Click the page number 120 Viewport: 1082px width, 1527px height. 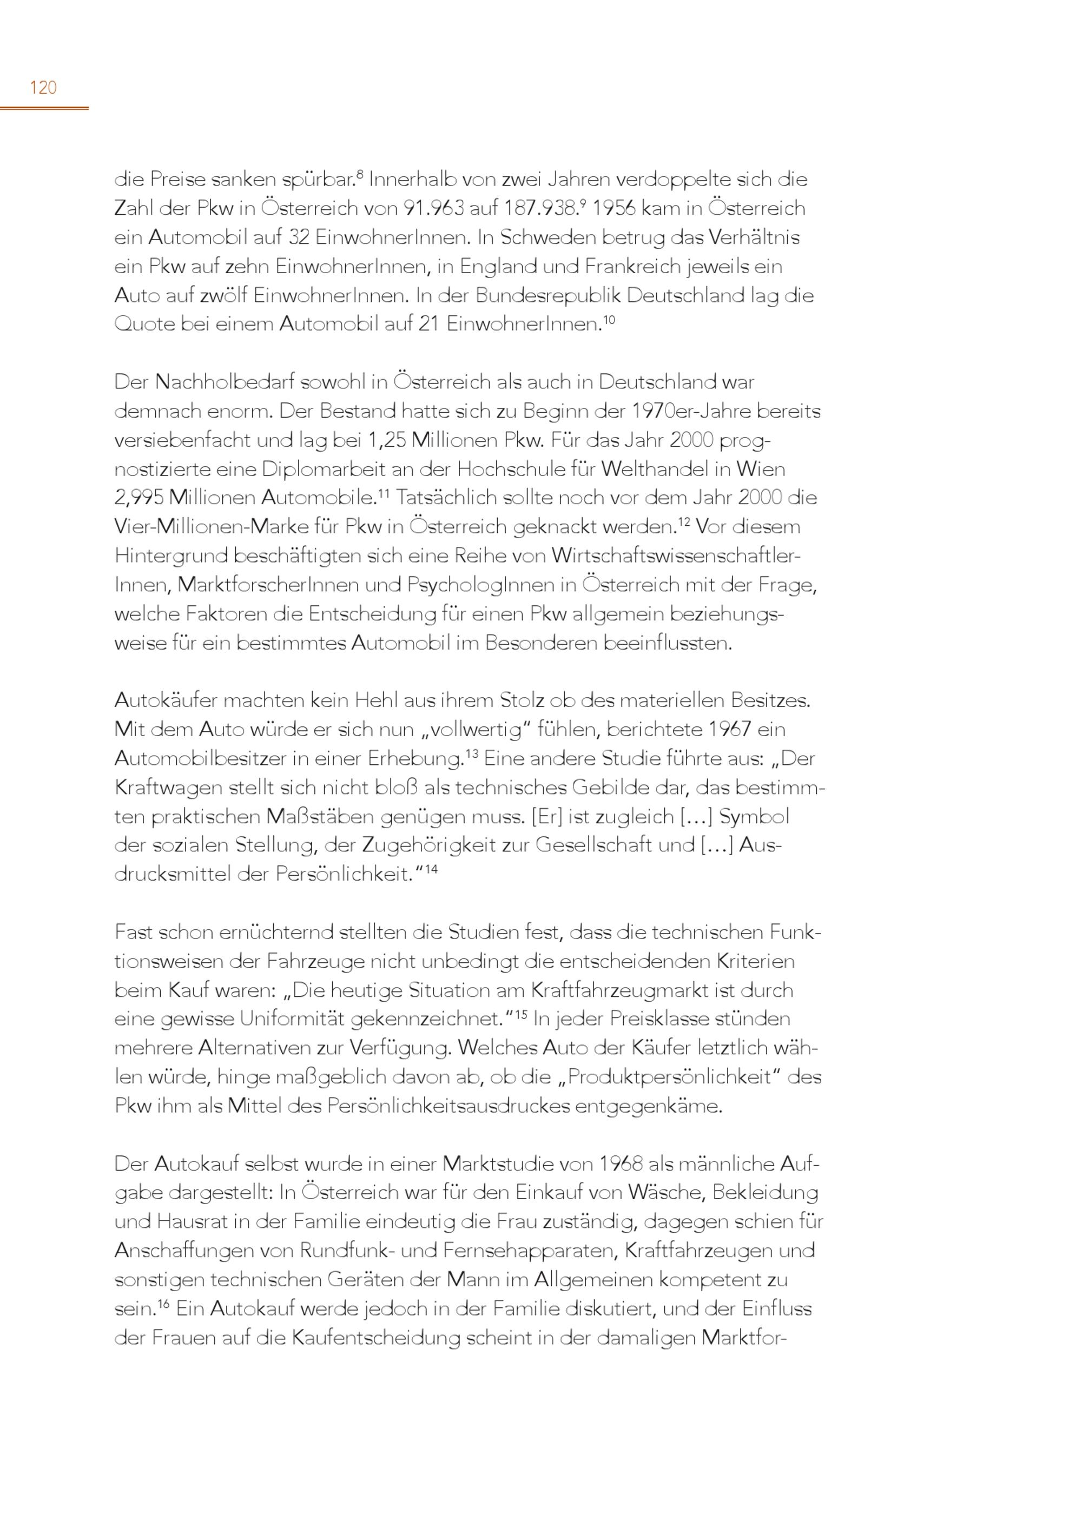(x=43, y=87)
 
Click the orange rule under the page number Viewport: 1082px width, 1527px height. (x=44, y=107)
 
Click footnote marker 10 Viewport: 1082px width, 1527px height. (x=609, y=319)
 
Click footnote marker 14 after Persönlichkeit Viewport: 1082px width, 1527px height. (x=431, y=869)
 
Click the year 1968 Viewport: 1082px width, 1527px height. (x=621, y=1164)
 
